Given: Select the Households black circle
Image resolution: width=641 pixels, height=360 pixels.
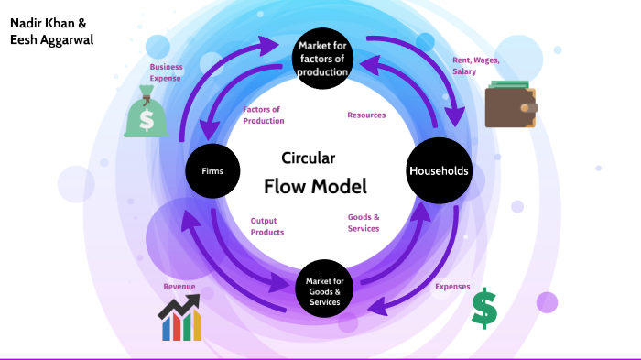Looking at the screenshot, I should [439, 170].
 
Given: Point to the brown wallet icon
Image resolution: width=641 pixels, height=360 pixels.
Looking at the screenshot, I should [511, 106].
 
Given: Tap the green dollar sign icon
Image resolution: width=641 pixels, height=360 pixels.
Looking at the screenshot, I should [484, 309].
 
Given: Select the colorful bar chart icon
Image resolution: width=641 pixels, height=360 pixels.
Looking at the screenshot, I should [179, 319].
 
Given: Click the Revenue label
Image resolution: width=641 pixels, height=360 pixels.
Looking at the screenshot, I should [179, 287].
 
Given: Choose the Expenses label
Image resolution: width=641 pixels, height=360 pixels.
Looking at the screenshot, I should [452, 287].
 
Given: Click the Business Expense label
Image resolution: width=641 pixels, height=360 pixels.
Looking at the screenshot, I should [167, 72].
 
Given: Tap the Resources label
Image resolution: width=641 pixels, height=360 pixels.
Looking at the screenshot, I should [366, 115].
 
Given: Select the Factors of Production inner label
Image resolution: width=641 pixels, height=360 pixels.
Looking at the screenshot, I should [264, 115].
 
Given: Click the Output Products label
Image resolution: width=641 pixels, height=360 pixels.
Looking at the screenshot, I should [267, 226].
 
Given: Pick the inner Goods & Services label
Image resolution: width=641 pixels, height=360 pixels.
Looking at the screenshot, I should [364, 223].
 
